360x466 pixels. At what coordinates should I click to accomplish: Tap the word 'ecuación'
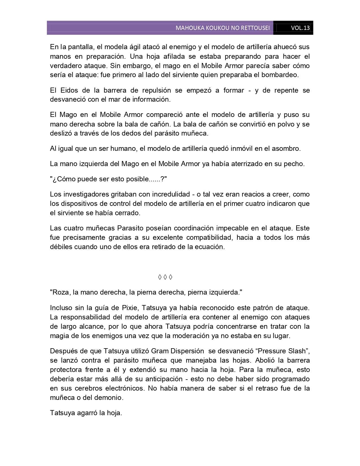(211, 247)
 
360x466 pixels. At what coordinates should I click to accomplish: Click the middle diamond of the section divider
(165, 277)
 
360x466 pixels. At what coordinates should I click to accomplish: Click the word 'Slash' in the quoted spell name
(297, 351)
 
